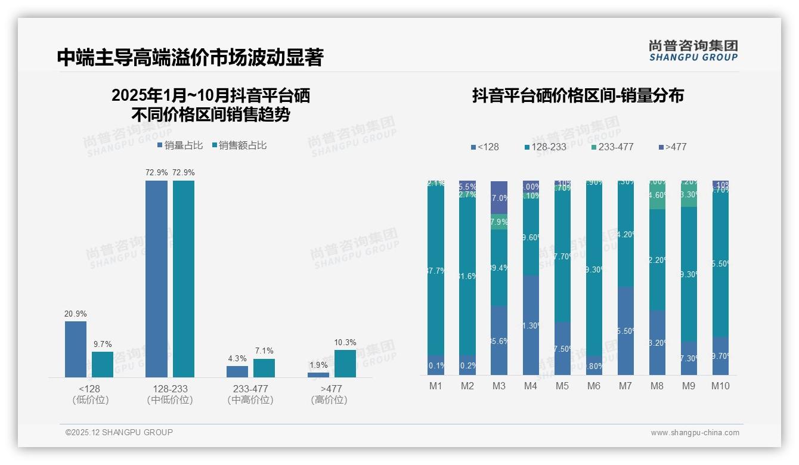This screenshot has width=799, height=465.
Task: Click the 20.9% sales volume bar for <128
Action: (76, 349)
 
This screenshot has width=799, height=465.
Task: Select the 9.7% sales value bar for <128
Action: (103, 364)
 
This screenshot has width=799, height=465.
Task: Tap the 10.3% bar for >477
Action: (345, 363)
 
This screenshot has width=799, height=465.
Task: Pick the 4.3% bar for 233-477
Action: (237, 371)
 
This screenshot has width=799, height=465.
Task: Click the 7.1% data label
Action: (264, 351)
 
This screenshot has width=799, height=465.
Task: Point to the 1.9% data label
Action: (318, 365)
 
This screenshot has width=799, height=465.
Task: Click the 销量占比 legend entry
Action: (180, 145)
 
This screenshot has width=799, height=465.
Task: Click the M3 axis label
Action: (499, 386)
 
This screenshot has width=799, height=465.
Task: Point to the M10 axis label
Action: (720, 386)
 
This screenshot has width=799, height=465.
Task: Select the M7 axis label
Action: (625, 386)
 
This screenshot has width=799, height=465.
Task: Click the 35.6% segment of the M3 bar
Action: (499, 340)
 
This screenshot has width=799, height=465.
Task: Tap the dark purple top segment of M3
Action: (499, 197)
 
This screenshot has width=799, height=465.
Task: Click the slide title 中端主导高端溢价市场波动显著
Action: (190, 57)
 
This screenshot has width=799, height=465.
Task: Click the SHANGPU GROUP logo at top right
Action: (693, 50)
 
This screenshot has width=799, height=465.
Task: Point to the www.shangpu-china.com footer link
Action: (695, 433)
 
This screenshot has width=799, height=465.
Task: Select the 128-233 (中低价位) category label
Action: (170, 394)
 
